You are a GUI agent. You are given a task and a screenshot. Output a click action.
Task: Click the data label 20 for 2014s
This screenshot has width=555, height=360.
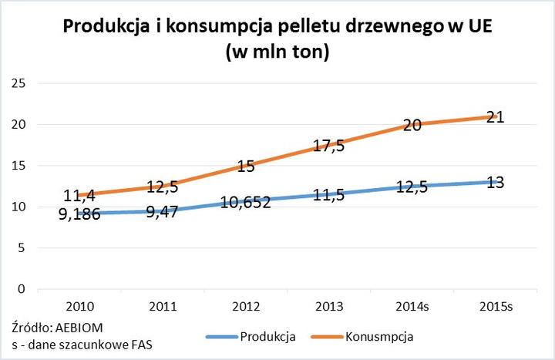point(413,126)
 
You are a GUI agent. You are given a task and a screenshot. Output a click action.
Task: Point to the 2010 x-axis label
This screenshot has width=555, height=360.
point(80,306)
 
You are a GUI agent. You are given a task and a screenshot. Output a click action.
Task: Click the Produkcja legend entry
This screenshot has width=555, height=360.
point(267,336)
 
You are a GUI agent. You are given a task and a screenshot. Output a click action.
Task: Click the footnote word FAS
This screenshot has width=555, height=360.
point(140,344)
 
